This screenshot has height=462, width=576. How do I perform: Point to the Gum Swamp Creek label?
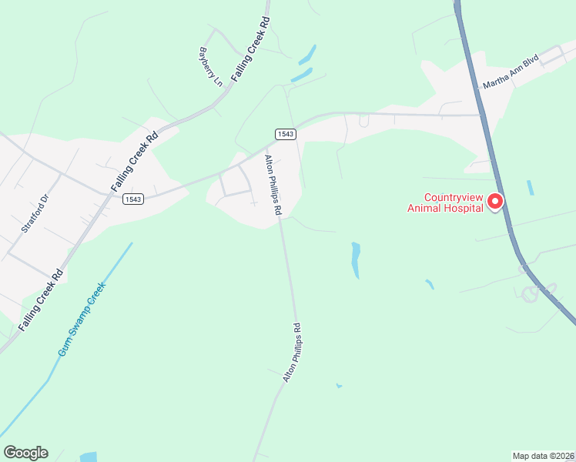82,320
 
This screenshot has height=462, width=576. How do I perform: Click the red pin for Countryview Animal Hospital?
496,201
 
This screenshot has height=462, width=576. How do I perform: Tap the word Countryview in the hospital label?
450,196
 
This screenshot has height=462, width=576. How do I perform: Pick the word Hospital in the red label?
463,206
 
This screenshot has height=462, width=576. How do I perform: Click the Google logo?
25,453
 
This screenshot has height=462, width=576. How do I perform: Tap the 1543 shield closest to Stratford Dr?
132,199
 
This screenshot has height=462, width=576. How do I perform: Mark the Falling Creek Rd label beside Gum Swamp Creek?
41,300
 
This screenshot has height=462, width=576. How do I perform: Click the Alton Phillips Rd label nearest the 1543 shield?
273,185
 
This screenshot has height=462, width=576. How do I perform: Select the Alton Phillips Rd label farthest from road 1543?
291,353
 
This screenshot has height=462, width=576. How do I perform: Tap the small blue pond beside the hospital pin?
530,187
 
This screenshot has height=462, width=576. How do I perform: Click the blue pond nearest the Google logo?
88,457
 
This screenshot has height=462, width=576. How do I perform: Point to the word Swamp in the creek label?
82,319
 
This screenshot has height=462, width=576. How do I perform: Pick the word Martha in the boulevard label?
494,80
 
